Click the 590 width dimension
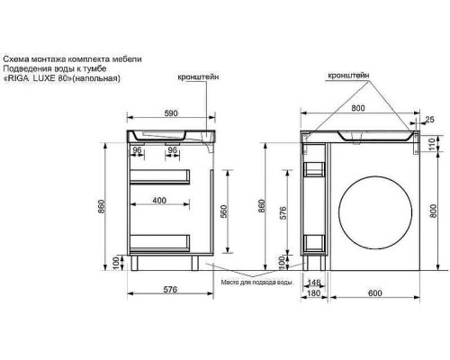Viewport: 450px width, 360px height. point(171,113)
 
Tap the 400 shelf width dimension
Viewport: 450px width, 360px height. point(159,200)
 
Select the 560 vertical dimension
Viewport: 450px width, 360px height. point(224,211)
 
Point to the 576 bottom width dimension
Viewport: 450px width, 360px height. point(170,289)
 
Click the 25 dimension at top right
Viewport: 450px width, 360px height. point(429,120)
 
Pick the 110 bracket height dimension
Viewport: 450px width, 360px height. point(432,145)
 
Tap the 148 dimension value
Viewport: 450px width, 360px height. point(314,283)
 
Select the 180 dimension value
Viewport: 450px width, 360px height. point(314,292)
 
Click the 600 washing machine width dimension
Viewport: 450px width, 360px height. point(375,292)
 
